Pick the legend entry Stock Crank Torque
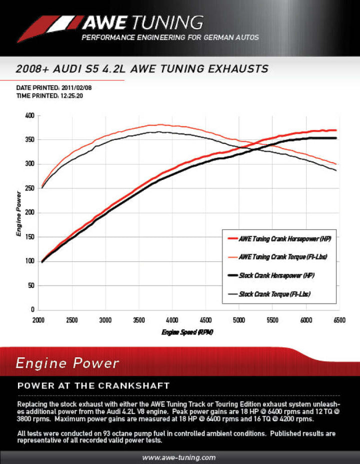coord(274,294)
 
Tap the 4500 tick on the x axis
coord(205,320)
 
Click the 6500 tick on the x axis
coord(339,320)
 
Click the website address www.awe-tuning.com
coord(179,457)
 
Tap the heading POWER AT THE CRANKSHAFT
coord(93,386)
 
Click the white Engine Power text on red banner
coord(67,363)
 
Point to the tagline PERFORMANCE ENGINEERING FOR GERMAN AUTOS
coord(170,38)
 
